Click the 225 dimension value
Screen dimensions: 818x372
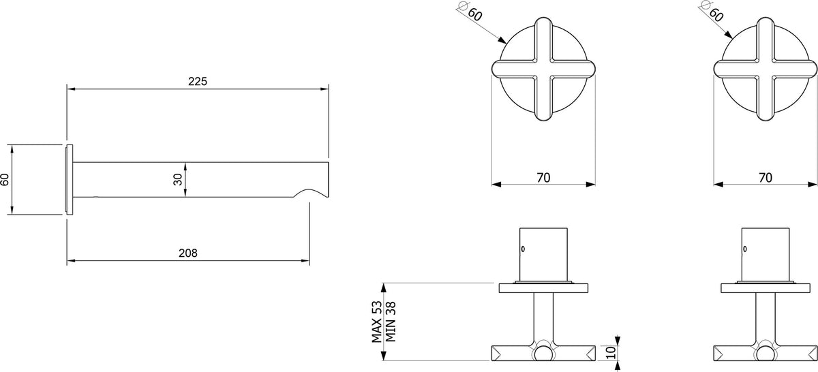tap(198, 81)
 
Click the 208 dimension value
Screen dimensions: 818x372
tap(187, 253)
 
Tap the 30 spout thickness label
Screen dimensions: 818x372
tap(178, 179)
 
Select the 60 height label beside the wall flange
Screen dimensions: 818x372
tap(5, 179)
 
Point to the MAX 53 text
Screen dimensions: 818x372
tap(377, 322)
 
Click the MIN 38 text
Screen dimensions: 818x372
tap(391, 322)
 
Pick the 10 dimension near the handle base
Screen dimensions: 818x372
tap(611, 352)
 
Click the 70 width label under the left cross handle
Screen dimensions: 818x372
tap(543, 178)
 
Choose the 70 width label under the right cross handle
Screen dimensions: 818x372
tap(766, 178)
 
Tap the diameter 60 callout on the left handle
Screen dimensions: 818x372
tap(472, 12)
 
